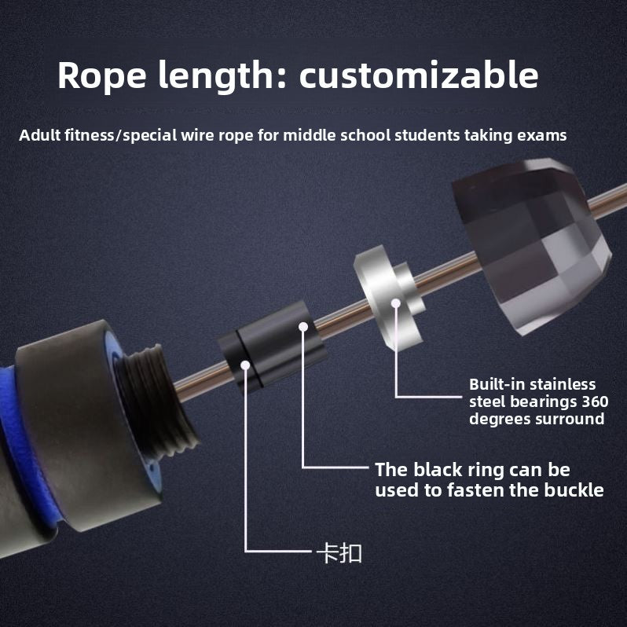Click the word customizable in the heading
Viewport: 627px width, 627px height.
(x=419, y=75)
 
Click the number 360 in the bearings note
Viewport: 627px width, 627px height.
(x=595, y=401)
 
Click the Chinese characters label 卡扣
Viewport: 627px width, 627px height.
(x=339, y=553)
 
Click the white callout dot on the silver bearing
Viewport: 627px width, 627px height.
(x=396, y=303)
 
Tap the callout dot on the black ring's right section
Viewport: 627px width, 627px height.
(x=303, y=327)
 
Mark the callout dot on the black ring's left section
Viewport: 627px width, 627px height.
(x=245, y=365)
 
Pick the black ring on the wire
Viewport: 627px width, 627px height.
(x=272, y=346)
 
